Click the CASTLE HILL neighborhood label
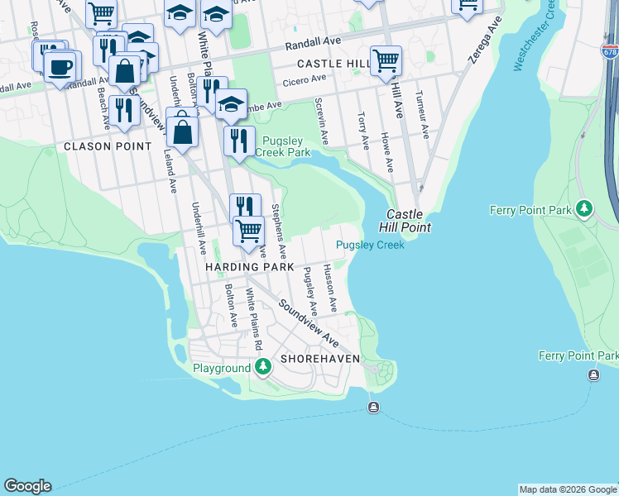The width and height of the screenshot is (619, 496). [x=333, y=64]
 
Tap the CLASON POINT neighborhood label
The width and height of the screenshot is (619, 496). [x=108, y=146]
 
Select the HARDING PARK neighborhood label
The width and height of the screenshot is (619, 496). [x=250, y=268]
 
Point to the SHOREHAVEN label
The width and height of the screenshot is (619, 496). [x=319, y=360]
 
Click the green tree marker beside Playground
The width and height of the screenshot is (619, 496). [x=263, y=366]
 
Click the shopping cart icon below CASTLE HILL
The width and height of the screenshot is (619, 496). [x=386, y=60]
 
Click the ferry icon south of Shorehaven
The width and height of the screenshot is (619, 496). [x=373, y=407]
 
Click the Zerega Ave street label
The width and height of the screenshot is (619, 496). [x=482, y=45]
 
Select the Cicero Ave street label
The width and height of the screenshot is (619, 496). [x=306, y=79]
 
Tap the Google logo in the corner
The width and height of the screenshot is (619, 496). [x=27, y=486]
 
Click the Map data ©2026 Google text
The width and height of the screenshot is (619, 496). [x=567, y=489]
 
